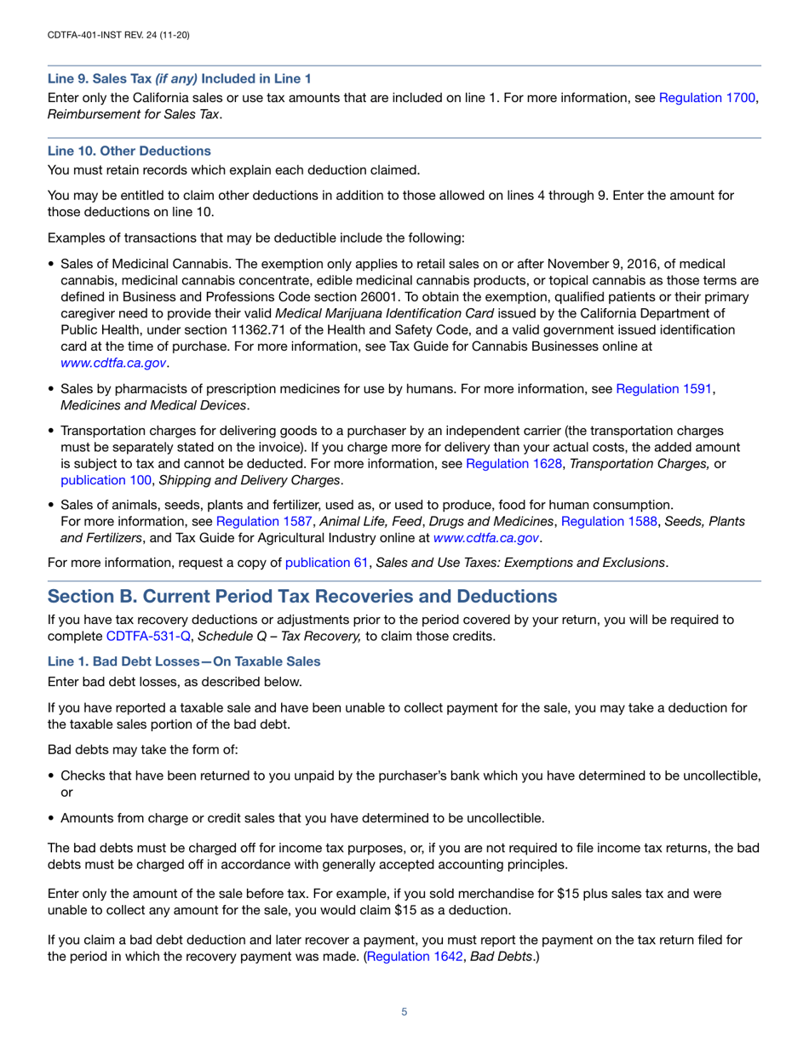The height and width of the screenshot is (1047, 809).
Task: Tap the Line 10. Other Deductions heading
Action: pyautogui.click(x=129, y=151)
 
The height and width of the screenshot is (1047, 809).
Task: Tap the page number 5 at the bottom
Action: pyautogui.click(x=404, y=1012)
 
